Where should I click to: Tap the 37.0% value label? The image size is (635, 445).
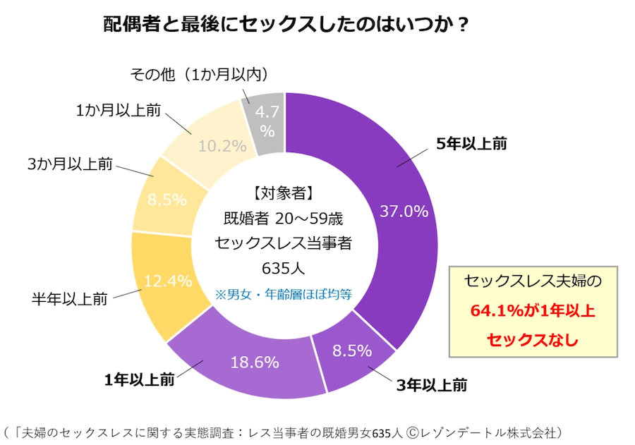point(404,211)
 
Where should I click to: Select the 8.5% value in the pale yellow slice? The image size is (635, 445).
point(167,200)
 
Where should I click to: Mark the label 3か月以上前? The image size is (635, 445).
point(70,164)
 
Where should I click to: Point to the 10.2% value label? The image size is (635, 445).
point(222,146)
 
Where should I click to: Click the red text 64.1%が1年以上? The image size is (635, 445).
point(533,310)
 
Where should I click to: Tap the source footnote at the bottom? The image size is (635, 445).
point(282,430)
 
